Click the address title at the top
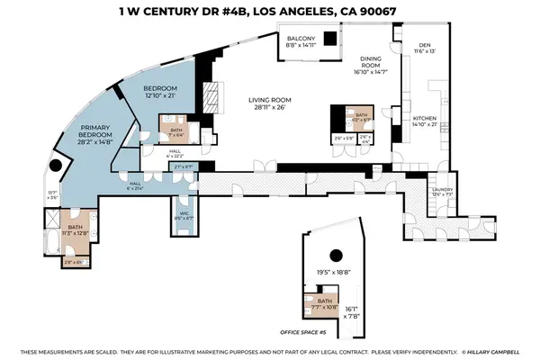[269, 11]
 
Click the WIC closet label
[183, 212]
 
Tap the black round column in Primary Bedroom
[57, 166]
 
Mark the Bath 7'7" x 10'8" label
[324, 303]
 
